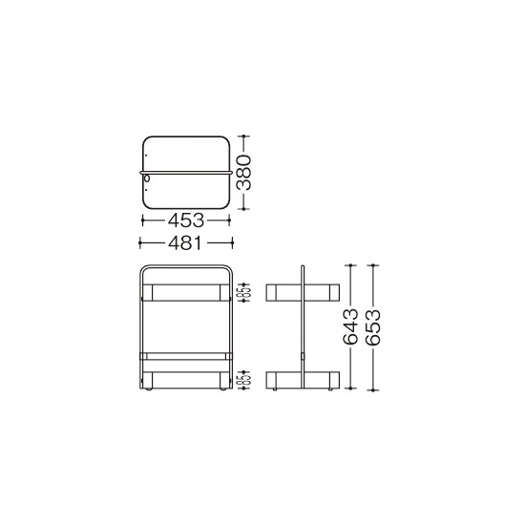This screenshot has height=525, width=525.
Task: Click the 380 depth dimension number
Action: pos(243,173)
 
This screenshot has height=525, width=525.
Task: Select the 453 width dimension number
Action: pos(186,220)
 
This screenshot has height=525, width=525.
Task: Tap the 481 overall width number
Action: pos(185,242)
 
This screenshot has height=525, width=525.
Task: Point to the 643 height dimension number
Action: pos(350,326)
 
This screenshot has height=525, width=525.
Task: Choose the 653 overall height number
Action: pos(373,326)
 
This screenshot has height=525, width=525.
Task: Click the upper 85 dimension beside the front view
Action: pos(244,292)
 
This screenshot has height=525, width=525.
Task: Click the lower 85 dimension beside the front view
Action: pos(244,380)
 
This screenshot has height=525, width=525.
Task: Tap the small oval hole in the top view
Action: pos(147,178)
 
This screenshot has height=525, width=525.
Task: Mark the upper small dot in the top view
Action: pos(146,155)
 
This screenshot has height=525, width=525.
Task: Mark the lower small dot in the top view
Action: pos(146,190)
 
